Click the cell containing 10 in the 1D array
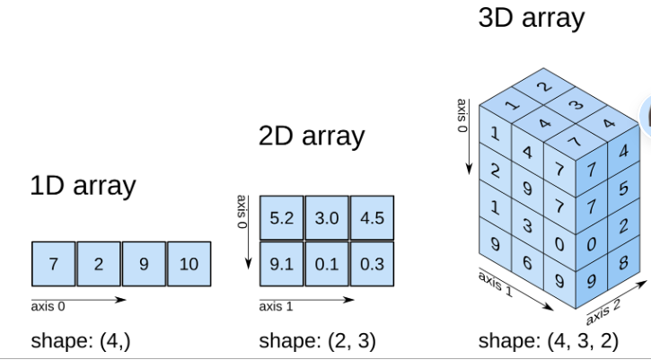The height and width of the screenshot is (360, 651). [189, 265]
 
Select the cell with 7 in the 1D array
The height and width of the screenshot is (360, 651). [54, 265]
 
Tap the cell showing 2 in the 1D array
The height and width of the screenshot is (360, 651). [99, 265]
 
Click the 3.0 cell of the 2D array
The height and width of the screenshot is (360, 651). [326, 218]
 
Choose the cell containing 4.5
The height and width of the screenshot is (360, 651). [372, 218]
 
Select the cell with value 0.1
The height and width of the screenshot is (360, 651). [326, 264]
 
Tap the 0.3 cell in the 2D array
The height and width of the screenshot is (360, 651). [372, 264]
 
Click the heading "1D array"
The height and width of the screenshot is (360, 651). [83, 186]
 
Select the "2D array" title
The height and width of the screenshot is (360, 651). [311, 136]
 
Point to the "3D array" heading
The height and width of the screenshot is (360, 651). [532, 17]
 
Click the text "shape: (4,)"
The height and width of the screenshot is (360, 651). [80, 341]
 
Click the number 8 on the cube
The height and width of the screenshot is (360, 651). [622, 264]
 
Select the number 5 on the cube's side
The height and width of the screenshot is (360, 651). [622, 188]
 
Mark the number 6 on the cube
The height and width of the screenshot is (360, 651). [527, 261]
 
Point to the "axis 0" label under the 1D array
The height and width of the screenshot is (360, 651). [48, 306]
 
